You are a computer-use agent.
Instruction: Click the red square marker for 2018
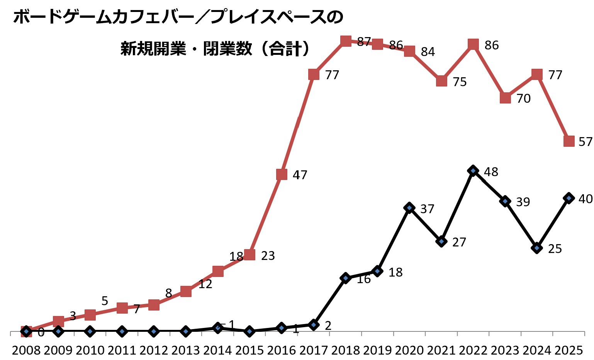(346, 41)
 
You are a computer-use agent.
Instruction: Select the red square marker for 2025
(569, 141)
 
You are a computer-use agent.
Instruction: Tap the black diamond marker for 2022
(473, 171)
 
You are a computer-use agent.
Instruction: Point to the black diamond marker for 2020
(409, 208)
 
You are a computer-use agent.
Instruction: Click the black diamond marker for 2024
(536, 248)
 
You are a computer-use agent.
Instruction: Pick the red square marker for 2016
(282, 174)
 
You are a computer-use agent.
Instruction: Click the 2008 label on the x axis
(26, 350)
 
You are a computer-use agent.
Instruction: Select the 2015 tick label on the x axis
(249, 350)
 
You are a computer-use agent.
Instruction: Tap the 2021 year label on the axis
(441, 350)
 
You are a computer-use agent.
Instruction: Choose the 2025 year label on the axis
(569, 350)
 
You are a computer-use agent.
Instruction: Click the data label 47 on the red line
(300, 175)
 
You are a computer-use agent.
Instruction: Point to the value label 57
(585, 142)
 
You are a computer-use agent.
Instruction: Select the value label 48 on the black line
(491, 172)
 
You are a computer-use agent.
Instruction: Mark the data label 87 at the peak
(364, 42)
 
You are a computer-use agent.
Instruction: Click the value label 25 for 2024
(555, 249)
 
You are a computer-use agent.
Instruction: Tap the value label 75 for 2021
(460, 82)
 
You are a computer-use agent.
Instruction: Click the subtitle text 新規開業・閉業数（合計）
(215, 49)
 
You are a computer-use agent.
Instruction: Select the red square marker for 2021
(441, 81)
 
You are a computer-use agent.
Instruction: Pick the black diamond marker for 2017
(314, 324)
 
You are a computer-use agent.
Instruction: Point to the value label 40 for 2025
(585, 199)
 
